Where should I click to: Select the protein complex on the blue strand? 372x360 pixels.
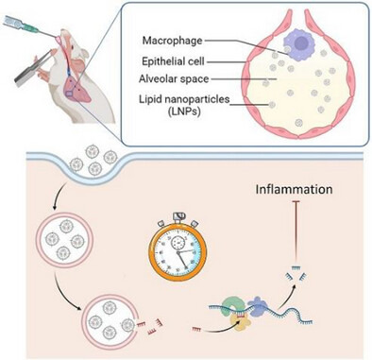point(238,312)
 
